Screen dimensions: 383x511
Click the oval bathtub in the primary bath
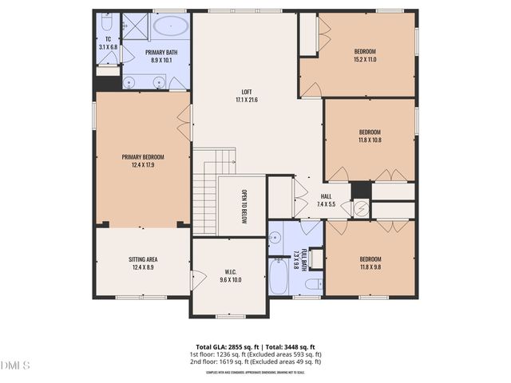pyautogui.click(x=170, y=28)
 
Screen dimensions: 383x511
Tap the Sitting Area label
pyautogui.click(x=143, y=264)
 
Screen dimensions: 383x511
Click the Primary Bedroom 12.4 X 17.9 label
pyautogui.click(x=143, y=161)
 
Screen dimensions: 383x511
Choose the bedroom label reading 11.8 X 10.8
pyautogui.click(x=370, y=136)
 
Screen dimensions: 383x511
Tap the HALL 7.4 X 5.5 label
pyautogui.click(x=327, y=200)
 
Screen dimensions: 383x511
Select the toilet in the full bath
pyautogui.click(x=314, y=282)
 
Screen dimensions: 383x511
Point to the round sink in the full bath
pyautogui.click(x=275, y=237)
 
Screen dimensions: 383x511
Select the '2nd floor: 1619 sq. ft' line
pyautogui.click(x=255, y=361)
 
